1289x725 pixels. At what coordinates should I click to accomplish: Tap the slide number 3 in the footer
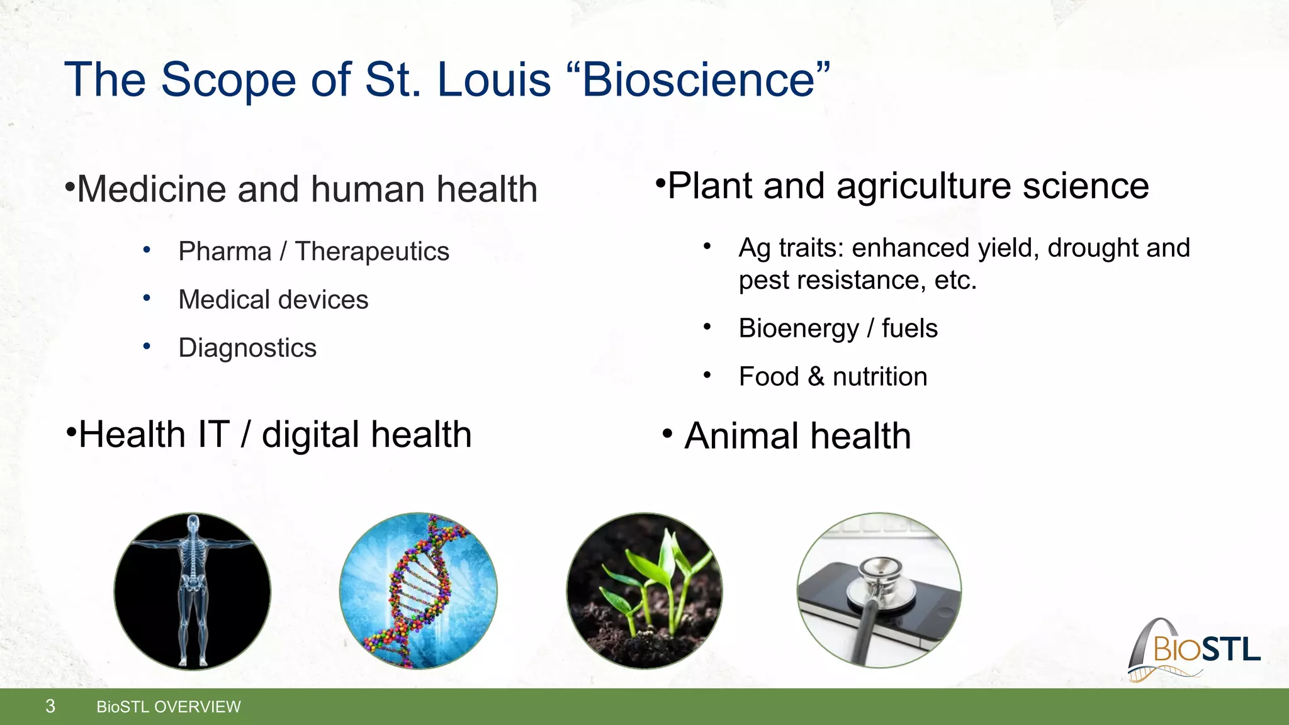(50, 706)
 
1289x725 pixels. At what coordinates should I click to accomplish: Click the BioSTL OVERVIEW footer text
(168, 707)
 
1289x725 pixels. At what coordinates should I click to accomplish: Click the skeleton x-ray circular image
(192, 591)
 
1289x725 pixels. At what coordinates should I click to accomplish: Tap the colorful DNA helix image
(418, 591)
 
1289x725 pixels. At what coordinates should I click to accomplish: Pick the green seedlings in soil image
(644, 591)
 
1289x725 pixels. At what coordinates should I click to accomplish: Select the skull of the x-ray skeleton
(193, 522)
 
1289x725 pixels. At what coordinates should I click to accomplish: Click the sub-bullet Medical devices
(273, 300)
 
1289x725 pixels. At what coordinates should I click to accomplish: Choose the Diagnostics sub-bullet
(247, 348)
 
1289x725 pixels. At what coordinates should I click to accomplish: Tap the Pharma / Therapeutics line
(313, 251)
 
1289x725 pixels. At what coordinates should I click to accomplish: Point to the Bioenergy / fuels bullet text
(838, 329)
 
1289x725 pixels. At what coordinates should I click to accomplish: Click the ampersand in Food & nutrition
(816, 376)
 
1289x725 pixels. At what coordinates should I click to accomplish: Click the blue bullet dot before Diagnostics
(147, 346)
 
